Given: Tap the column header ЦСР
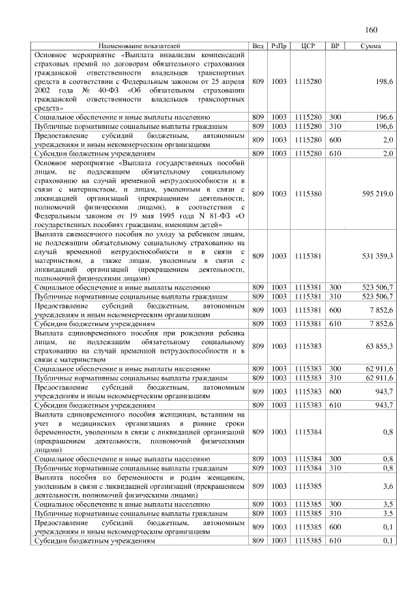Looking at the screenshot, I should [x=309, y=46].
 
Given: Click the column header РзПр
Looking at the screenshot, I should [x=279, y=46].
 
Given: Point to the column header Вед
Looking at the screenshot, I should [x=258, y=46].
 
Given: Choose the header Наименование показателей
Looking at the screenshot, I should [x=139, y=46].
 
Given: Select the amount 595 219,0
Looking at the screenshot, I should [x=376, y=193].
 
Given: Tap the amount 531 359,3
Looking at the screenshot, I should [x=376, y=256].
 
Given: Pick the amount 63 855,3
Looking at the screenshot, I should [x=378, y=346].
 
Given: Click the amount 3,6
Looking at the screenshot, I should [x=387, y=486].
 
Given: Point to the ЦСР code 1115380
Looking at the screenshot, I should [x=309, y=193].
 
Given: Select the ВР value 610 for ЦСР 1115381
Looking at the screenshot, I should [x=336, y=323].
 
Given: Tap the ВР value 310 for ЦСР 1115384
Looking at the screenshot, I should [x=336, y=467].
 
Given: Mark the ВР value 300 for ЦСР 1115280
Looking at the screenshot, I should [x=336, y=116].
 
